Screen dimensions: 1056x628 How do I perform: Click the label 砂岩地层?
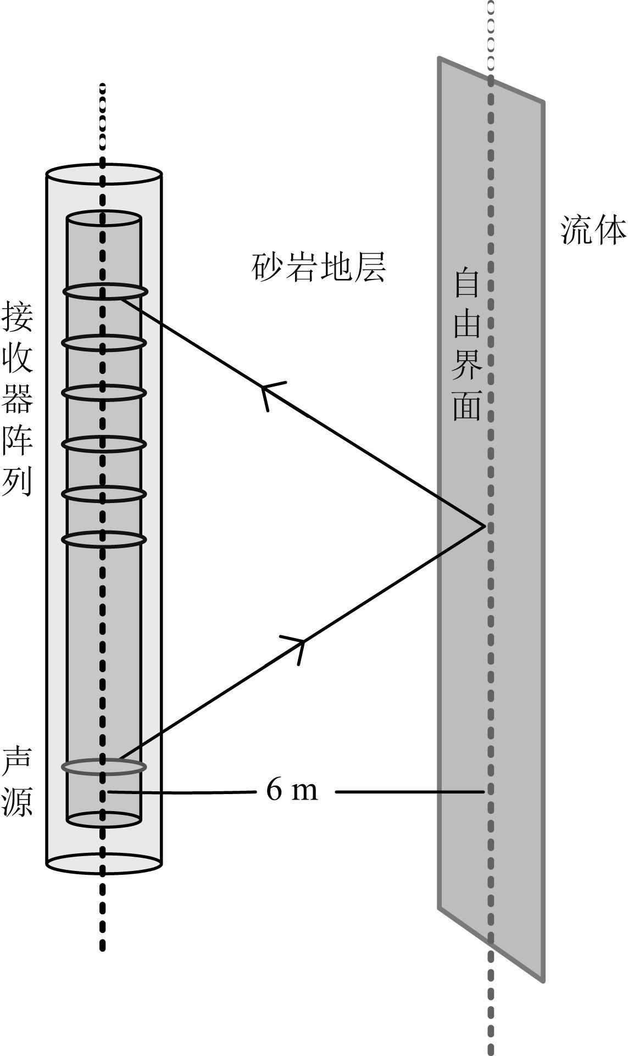319,267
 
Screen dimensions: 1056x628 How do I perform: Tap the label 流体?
593,229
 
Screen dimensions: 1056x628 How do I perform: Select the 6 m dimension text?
292,791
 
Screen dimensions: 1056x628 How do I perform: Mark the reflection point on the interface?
484,527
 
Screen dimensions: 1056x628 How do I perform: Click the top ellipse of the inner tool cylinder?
104,219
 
